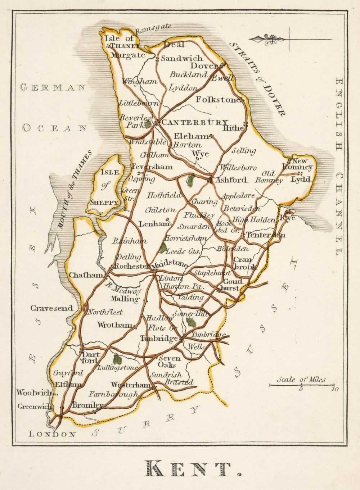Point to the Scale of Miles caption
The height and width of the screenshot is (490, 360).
301,380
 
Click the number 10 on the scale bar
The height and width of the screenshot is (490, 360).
335,389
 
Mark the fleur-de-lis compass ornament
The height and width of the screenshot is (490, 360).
268,39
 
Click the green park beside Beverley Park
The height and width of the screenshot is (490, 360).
148,124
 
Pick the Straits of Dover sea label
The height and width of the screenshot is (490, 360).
258,79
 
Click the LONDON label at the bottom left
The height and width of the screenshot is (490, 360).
52,434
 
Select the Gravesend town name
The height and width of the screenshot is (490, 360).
51,308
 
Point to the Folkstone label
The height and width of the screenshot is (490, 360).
218,100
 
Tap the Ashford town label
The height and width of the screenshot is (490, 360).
230,180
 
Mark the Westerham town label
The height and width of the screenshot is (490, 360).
130,385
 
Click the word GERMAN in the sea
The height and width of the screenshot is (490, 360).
53,87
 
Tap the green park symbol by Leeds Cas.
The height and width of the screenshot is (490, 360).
163,248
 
